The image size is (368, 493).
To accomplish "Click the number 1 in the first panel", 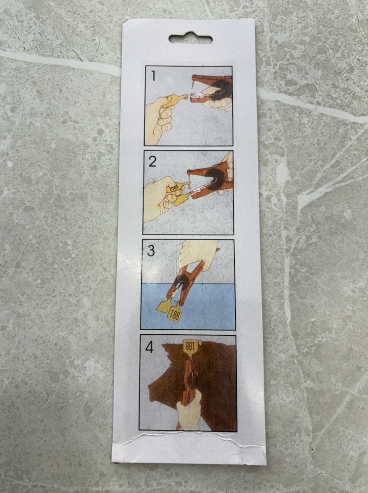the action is pyautogui.click(x=153, y=75).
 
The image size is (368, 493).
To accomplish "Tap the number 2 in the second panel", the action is pyautogui.click(x=152, y=161).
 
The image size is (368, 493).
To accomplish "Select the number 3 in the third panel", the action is pyautogui.click(x=151, y=250).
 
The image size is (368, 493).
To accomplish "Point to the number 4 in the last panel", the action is pyautogui.click(x=149, y=347).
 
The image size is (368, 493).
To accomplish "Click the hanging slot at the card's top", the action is pyautogui.click(x=190, y=38).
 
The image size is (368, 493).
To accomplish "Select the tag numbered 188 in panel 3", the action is pyautogui.click(x=175, y=313).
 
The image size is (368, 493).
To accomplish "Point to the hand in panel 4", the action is pyautogui.click(x=189, y=411).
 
